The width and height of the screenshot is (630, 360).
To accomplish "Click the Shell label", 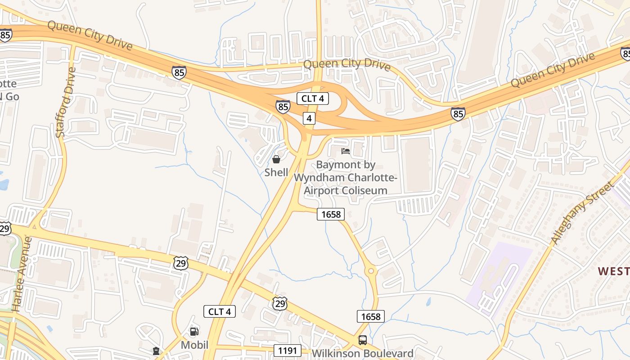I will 276,172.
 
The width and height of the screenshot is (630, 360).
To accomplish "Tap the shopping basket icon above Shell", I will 276,159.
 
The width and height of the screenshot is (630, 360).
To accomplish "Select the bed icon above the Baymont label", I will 345,151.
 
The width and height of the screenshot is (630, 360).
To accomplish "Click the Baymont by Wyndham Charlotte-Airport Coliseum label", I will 345,178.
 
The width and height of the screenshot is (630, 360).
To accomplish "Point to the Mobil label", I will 194,345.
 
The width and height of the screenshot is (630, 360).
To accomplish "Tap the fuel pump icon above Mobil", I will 194,332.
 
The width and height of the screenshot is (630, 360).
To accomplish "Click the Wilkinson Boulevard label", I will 362,353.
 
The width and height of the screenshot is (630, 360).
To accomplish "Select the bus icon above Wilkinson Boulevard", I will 362,340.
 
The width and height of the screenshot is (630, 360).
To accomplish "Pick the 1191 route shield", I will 287,350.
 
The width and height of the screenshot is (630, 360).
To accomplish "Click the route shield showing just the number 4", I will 309,118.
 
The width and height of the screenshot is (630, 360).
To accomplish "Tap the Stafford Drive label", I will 66,102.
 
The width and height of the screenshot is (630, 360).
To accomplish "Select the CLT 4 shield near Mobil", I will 220,311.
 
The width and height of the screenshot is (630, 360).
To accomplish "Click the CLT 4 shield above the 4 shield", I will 312,98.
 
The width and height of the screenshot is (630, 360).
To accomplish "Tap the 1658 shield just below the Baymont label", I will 331,214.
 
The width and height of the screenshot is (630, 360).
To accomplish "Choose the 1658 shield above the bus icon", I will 371,316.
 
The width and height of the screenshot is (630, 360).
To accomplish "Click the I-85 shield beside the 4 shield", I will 283,107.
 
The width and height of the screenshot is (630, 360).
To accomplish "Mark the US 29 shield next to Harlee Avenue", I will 4,228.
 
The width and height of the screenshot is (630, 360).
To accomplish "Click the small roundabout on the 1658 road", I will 371,270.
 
